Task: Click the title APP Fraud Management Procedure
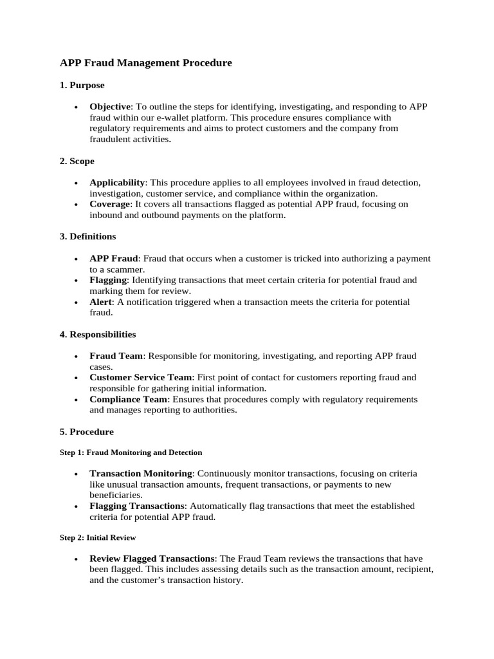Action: (145, 63)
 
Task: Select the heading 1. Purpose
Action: (82, 85)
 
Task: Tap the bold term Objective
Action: (110, 107)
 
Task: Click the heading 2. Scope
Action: (77, 161)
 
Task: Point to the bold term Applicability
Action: (117, 183)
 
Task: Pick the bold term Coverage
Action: (109, 204)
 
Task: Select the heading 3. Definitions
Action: (87, 237)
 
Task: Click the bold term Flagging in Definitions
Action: (109, 280)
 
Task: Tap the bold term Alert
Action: (101, 302)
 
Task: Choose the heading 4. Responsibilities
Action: (98, 335)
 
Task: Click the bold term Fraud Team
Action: (116, 356)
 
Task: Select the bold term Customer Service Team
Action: (141, 377)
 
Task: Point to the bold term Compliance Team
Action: (129, 400)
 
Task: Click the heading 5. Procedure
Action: (86, 432)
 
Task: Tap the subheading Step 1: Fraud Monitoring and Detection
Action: (131, 452)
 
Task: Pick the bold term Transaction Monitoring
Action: (140, 474)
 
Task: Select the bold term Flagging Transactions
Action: (137, 506)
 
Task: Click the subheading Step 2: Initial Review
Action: (98, 537)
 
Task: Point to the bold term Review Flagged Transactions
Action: (152, 559)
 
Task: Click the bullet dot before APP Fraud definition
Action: (77, 259)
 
